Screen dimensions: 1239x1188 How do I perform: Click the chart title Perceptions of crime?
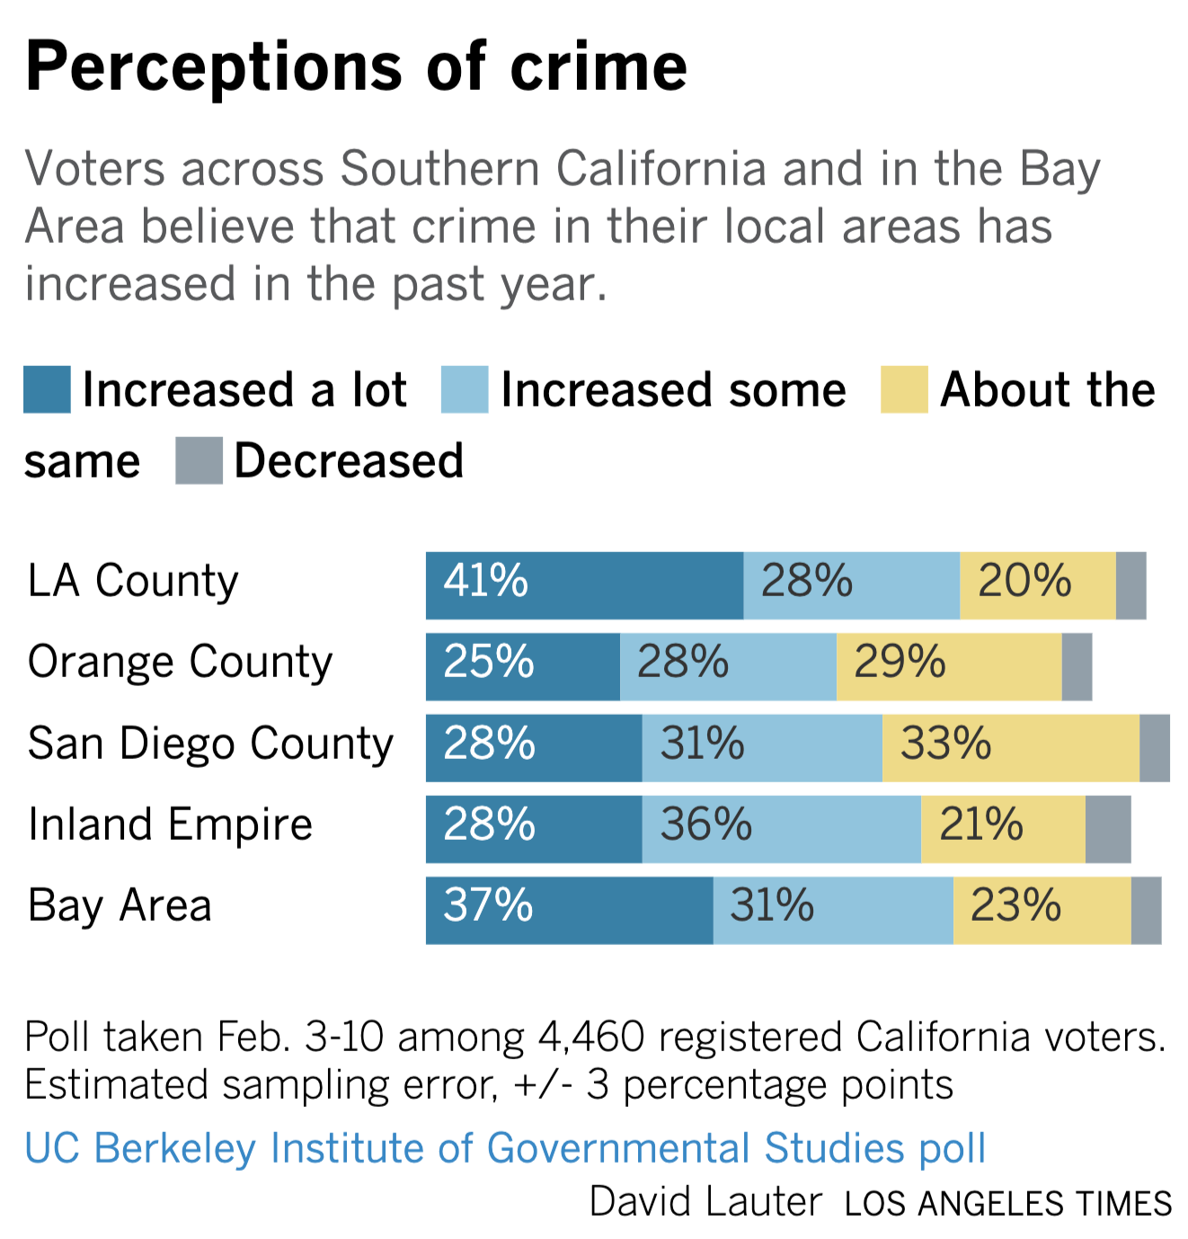pyautogui.click(x=356, y=67)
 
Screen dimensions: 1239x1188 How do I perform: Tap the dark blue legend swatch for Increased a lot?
pyautogui.click(x=47, y=390)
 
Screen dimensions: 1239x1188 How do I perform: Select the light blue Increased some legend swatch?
pyautogui.click(x=465, y=390)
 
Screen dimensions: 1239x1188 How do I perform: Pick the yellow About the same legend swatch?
pyautogui.click(x=903, y=390)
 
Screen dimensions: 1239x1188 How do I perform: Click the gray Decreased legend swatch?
pyautogui.click(x=199, y=461)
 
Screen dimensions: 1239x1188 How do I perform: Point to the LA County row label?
pyautogui.click(x=133, y=581)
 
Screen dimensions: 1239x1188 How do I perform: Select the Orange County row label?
pyautogui.click(x=180, y=663)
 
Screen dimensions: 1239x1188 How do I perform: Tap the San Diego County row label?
pyautogui.click(x=210, y=744)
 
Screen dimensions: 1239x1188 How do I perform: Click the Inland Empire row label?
pyautogui.click(x=170, y=825)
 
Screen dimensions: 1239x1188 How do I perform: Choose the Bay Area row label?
pyautogui.click(x=120, y=906)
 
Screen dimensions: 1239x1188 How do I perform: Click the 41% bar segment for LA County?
pyautogui.click(x=584, y=585)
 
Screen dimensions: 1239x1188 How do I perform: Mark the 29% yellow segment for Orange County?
pyautogui.click(x=948, y=666)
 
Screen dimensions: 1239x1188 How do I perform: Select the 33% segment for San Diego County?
pyautogui.click(x=1010, y=748)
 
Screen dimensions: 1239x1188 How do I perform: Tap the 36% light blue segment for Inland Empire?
pyautogui.click(x=781, y=829)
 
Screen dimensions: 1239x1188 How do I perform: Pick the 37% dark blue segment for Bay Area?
pyautogui.click(x=569, y=910)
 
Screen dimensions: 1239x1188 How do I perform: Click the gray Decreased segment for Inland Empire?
pyautogui.click(x=1108, y=829)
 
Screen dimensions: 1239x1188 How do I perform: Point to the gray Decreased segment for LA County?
pyautogui.click(x=1130, y=585)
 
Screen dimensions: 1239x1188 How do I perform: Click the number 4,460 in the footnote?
pyautogui.click(x=591, y=1037)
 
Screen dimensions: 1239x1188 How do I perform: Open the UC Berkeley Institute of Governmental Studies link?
pyautogui.click(x=505, y=1148)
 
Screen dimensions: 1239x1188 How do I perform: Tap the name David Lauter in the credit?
pyautogui.click(x=705, y=1202)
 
